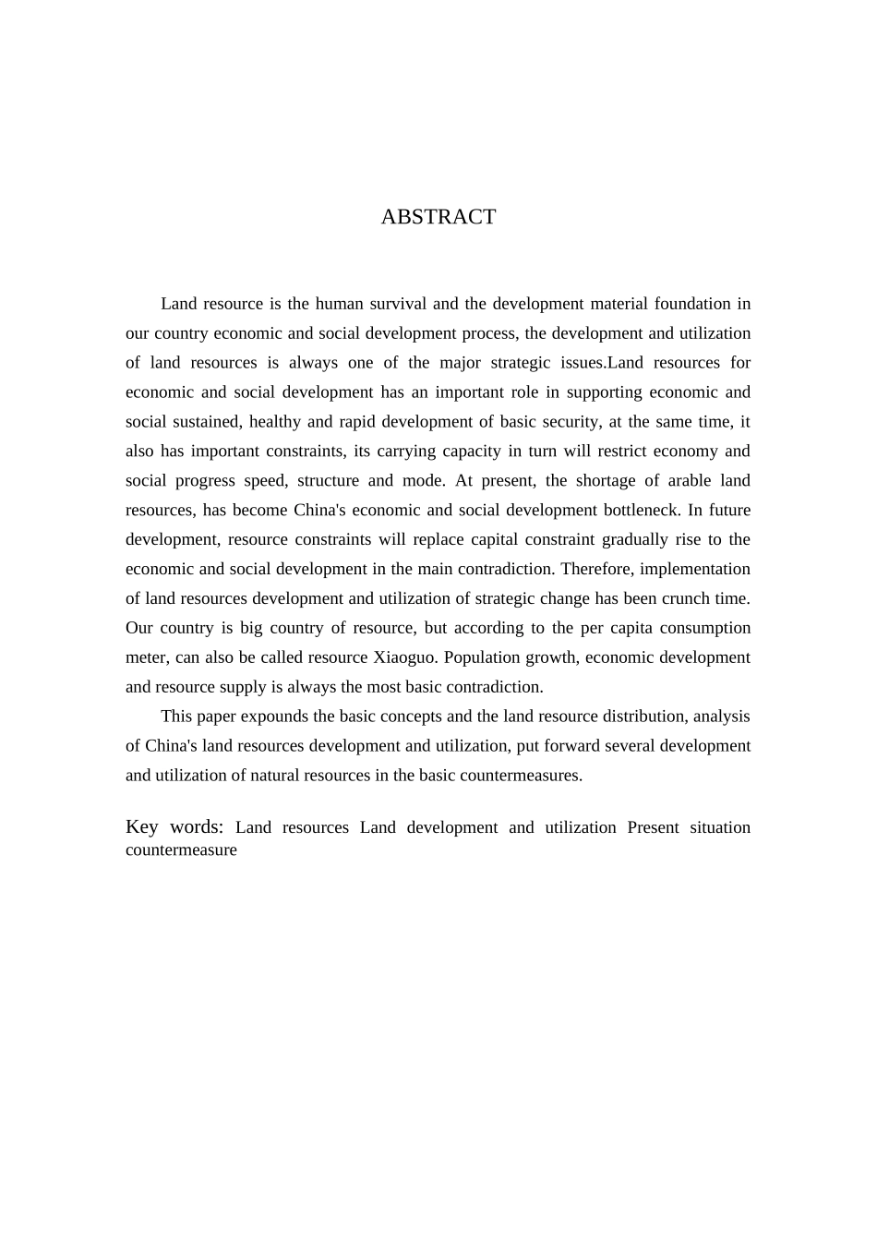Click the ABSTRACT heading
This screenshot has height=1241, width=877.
[x=438, y=217]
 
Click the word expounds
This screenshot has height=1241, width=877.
[x=272, y=717]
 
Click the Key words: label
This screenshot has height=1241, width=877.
[x=174, y=827]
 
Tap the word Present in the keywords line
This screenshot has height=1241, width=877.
[x=653, y=828]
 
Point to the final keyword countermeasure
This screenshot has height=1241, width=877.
[x=181, y=850]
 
